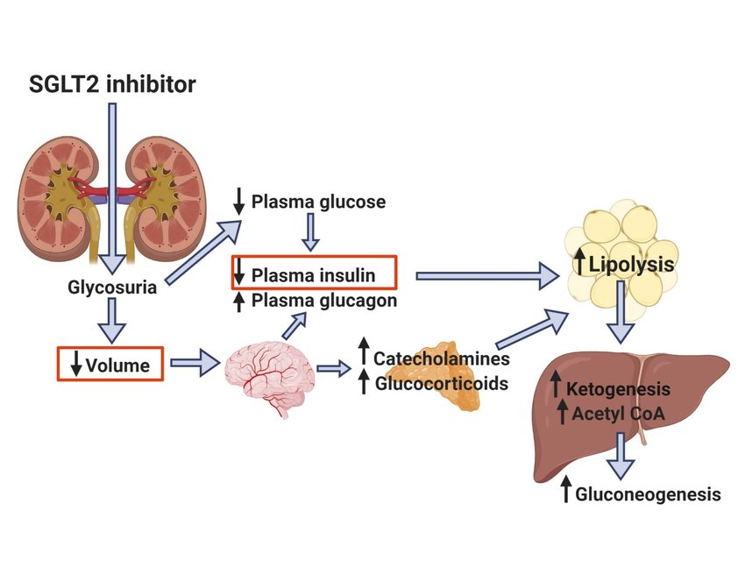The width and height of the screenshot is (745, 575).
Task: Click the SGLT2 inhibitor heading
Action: click(x=111, y=85)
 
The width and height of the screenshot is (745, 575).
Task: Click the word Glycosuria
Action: click(x=112, y=287)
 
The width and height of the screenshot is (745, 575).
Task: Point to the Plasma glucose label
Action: click(x=318, y=202)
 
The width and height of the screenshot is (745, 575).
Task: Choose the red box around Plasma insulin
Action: click(x=315, y=273)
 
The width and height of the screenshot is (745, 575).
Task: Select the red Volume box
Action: click(x=110, y=363)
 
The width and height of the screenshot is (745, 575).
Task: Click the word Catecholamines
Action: click(x=441, y=358)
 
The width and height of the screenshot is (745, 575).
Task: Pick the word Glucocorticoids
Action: click(x=442, y=383)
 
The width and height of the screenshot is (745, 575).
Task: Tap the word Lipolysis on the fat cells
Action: click(x=632, y=264)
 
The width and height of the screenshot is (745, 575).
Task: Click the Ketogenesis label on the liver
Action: click(x=618, y=388)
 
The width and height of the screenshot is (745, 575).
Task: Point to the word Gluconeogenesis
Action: click(x=648, y=494)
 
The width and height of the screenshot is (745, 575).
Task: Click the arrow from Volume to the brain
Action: click(x=195, y=362)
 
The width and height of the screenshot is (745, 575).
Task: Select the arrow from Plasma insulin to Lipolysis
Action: click(x=486, y=276)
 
